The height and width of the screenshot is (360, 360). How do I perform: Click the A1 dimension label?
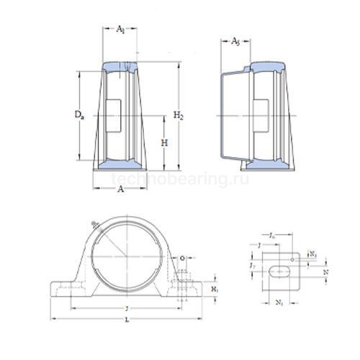point(120,29)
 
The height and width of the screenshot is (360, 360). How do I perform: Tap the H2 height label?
point(181,115)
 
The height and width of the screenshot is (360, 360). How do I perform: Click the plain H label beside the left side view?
point(164,143)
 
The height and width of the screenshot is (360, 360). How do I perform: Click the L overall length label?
point(127,319)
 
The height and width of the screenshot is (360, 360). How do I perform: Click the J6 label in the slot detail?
point(271,235)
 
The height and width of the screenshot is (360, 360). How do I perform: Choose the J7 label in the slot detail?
point(251,267)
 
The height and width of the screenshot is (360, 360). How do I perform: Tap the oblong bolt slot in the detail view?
point(278,272)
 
